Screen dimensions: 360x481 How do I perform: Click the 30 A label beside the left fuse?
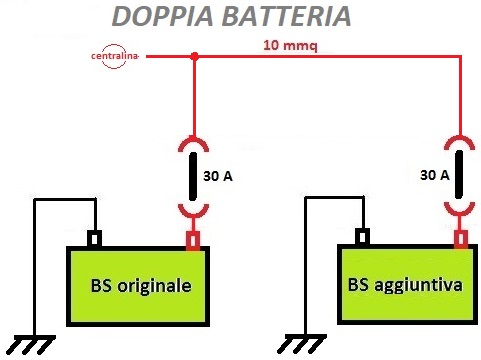pos(218,176)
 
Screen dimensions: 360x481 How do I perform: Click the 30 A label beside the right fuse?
pos(434,175)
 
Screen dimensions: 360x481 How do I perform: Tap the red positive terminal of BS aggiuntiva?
pos(460,239)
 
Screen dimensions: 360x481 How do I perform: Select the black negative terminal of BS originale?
pos(95,240)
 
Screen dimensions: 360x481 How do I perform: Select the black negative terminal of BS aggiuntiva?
pos(363,238)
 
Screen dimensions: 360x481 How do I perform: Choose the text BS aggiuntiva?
pos(405,284)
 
